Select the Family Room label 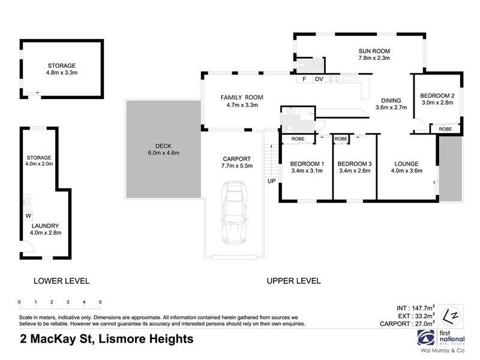click(x=242, y=97)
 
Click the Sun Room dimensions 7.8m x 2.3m click(x=374, y=58)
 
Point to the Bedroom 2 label click(x=437, y=95)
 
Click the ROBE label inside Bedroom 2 click(x=445, y=129)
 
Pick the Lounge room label click(x=406, y=163)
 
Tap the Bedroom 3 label click(x=355, y=163)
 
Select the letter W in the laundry click(x=28, y=215)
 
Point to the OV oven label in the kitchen click(x=319, y=79)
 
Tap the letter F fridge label click(x=304, y=79)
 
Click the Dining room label click(x=391, y=101)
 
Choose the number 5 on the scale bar click(x=100, y=302)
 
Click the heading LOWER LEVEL click(x=61, y=281)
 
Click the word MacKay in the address click(x=55, y=339)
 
